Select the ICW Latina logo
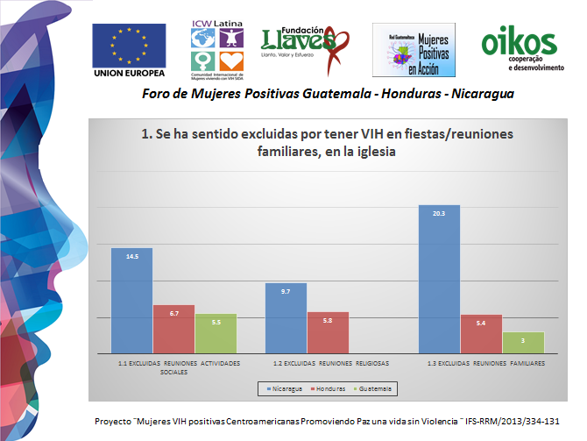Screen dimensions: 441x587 (215, 46)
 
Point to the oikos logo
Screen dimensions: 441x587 (519, 48)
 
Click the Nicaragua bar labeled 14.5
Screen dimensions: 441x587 (131, 302)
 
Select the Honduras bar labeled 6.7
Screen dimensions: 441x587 (173, 330)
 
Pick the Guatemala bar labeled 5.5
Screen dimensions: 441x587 (216, 334)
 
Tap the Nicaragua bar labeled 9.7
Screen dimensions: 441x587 (286, 318)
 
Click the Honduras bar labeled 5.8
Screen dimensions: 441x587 (328, 333)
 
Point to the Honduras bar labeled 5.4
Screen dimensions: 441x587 (481, 334)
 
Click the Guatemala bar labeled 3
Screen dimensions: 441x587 (523, 343)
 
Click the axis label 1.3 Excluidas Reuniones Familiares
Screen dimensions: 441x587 (485, 362)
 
